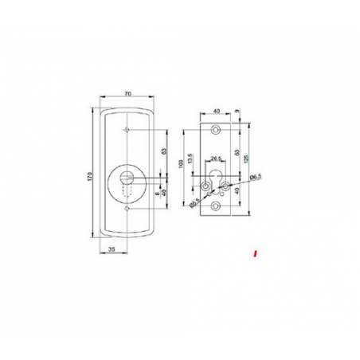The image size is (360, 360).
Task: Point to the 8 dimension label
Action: pyautogui.click(x=155, y=193)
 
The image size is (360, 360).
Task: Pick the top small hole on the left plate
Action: pyautogui.click(x=127, y=129)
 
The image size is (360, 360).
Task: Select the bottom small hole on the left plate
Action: pyautogui.click(x=127, y=209)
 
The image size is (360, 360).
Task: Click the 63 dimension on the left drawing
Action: pyautogui.click(x=162, y=151)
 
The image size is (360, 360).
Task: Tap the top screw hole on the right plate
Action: pyautogui.click(x=215, y=129)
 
